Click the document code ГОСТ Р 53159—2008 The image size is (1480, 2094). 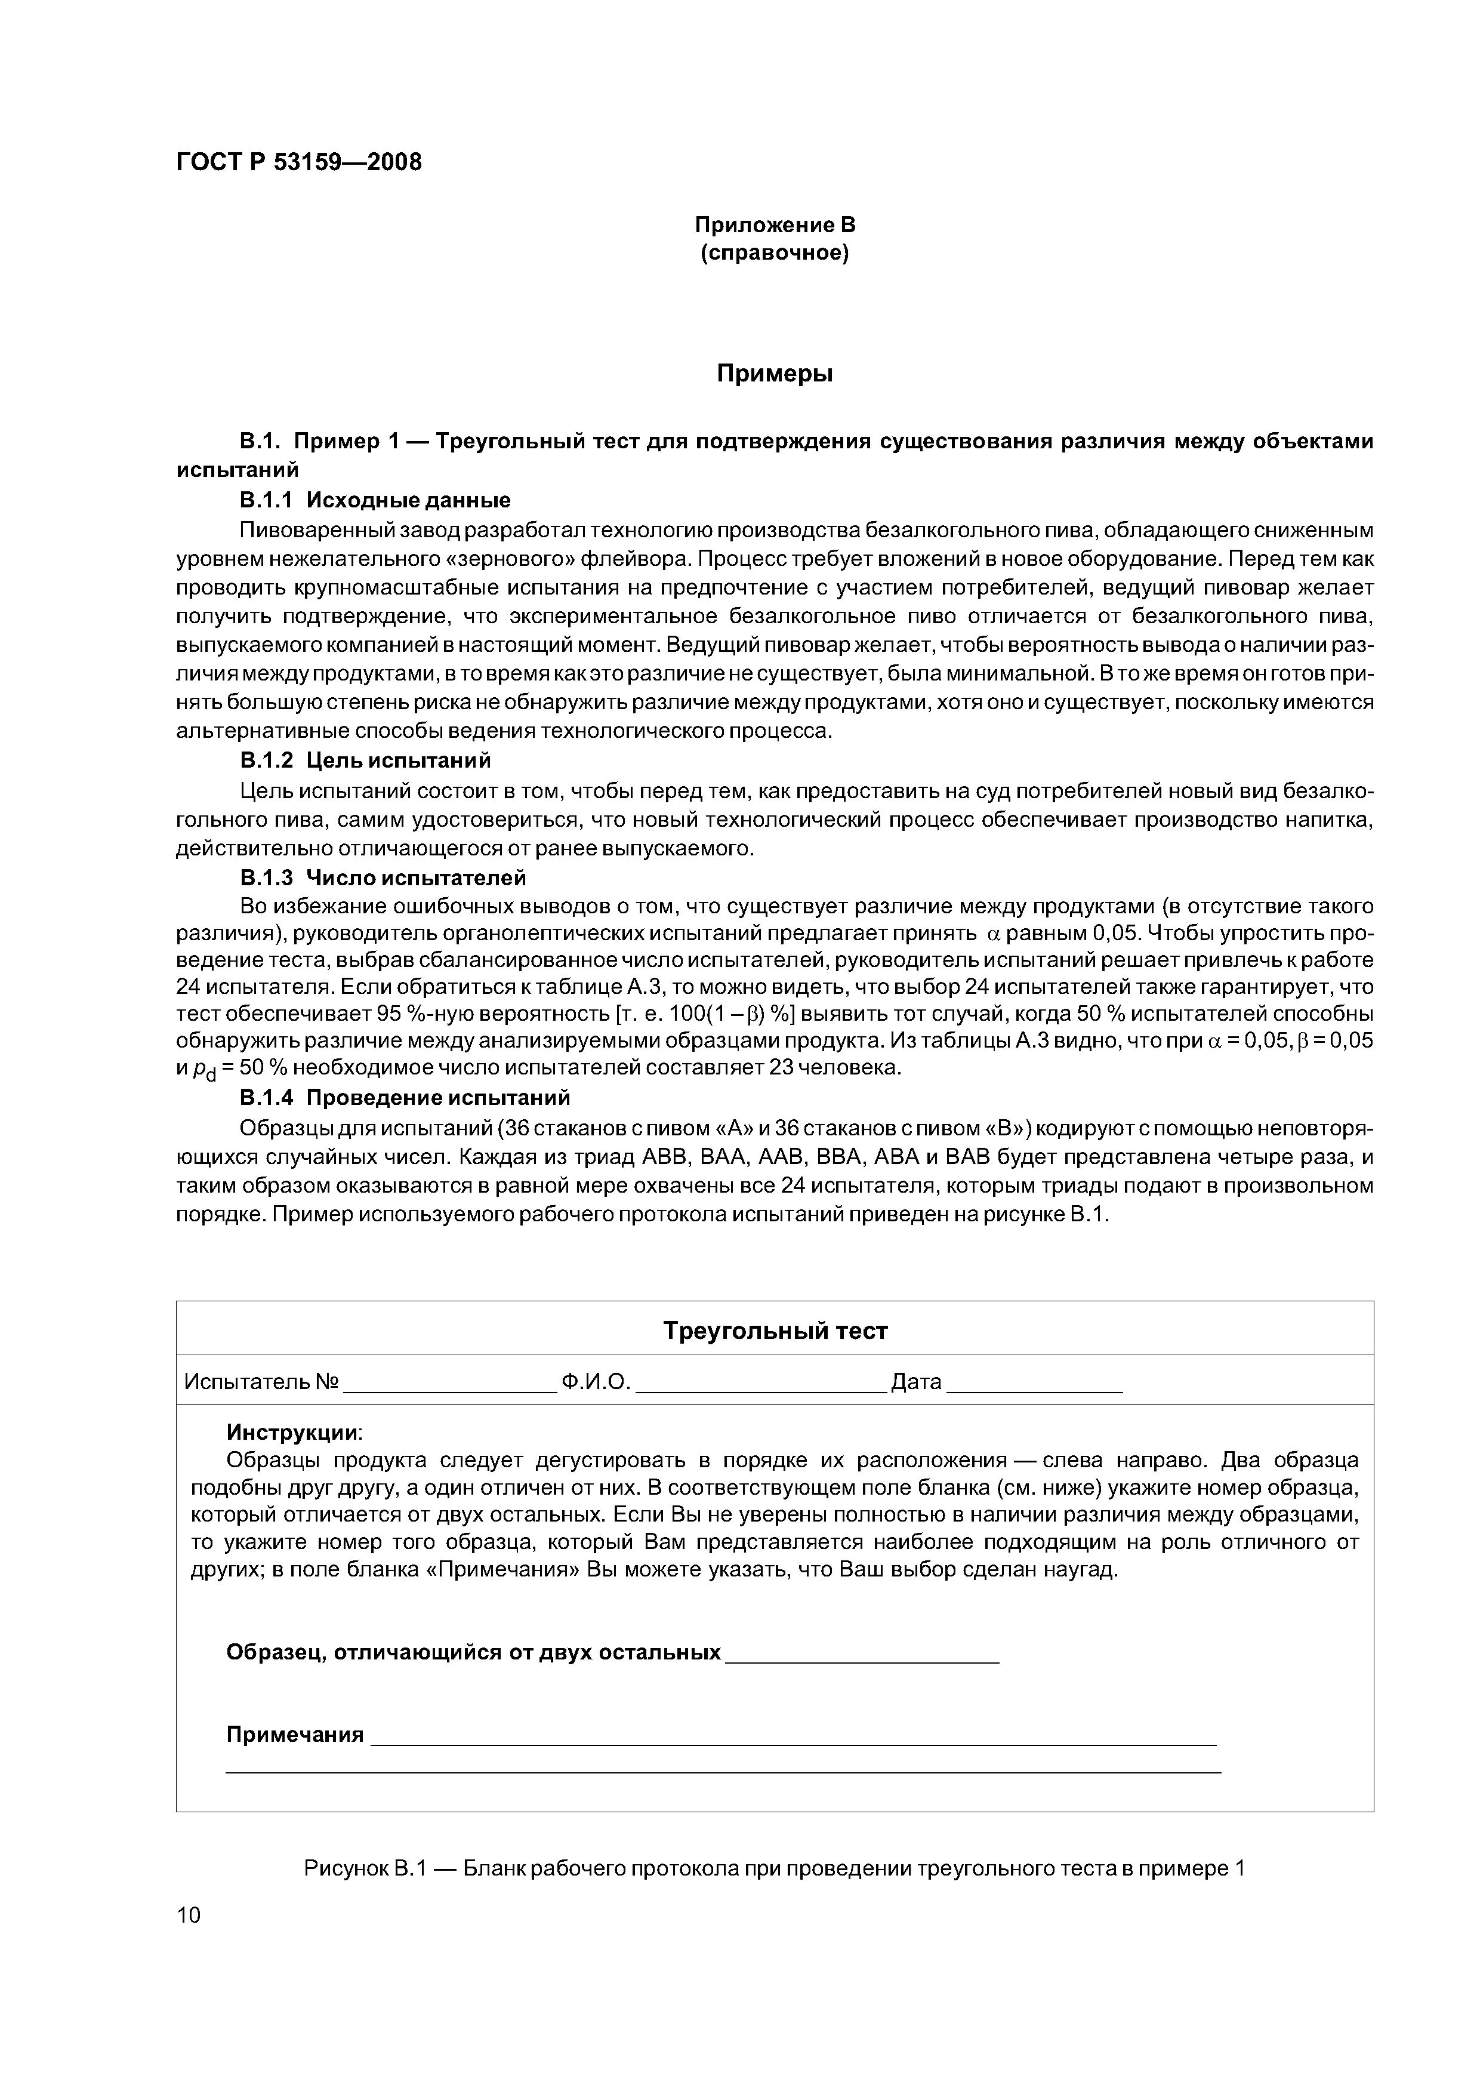(299, 162)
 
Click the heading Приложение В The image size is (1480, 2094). (774, 224)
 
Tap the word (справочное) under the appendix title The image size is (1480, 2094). (774, 252)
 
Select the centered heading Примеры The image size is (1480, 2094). (774, 373)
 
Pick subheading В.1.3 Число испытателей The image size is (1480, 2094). (383, 877)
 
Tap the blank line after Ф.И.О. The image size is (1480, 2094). (760, 1384)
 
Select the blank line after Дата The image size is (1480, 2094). (1035, 1384)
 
